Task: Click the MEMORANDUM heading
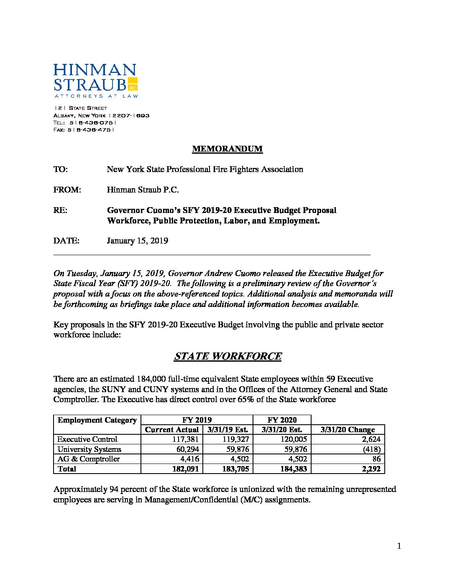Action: coord(227,149)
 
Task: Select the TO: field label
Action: coord(61,169)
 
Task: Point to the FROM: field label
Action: coord(67,190)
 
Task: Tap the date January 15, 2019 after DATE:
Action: coord(137,241)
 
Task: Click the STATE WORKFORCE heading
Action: coord(227,356)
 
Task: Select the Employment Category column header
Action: coord(97,420)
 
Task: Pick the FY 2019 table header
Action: coord(197,420)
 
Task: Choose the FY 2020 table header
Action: coord(281,420)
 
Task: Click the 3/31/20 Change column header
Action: coord(348,430)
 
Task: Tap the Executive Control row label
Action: coord(87,439)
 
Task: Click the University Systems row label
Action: coord(89,449)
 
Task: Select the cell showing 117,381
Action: coord(186,439)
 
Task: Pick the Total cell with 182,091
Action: coord(186,469)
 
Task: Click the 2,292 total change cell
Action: coord(371,469)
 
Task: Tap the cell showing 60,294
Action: coord(187,449)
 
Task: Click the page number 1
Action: coord(399,546)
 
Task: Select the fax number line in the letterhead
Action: coord(84,130)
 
